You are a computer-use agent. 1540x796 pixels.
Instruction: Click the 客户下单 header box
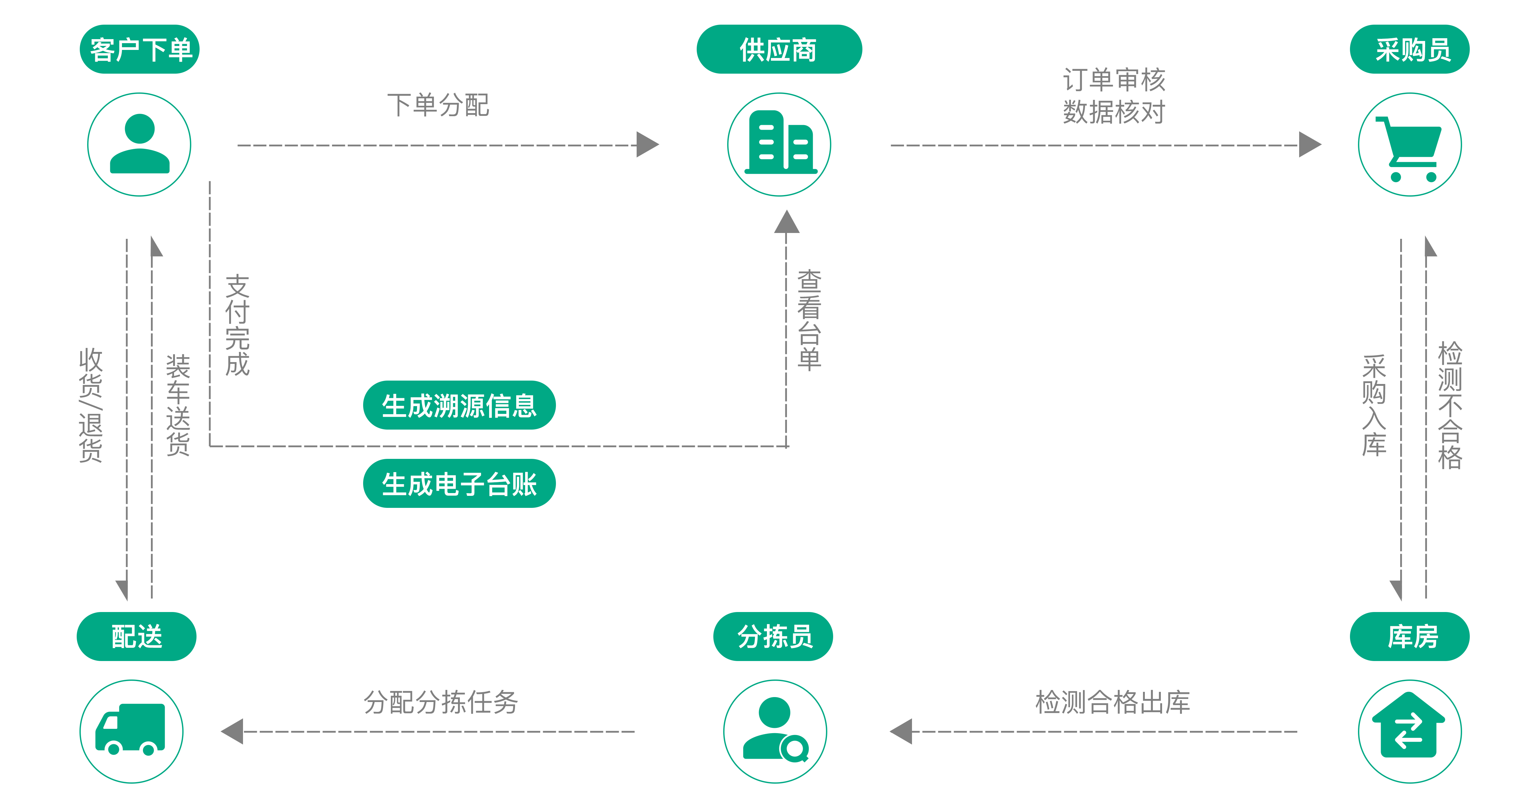(x=140, y=50)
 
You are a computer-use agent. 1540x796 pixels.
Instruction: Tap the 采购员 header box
(x=1409, y=50)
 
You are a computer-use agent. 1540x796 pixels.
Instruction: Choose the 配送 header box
(x=137, y=636)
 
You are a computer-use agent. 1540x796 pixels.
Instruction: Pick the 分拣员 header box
(x=773, y=636)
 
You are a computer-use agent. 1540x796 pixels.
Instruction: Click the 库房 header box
(x=1409, y=636)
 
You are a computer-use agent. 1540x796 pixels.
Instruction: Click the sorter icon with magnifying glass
(x=775, y=731)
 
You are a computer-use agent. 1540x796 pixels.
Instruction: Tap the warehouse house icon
(x=1410, y=731)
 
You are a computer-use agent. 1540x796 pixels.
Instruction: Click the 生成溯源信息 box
(x=459, y=406)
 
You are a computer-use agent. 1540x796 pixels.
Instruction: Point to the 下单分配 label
(x=440, y=105)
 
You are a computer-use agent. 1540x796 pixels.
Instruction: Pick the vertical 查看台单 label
(x=810, y=320)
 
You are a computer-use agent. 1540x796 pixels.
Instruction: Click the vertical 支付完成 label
(x=237, y=325)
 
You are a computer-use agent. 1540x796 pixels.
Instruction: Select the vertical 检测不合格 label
(x=1450, y=405)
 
